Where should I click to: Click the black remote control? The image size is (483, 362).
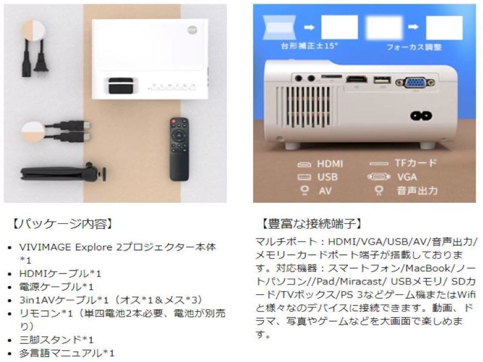179,149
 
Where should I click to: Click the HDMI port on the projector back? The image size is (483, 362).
356,80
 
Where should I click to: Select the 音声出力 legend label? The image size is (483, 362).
417,190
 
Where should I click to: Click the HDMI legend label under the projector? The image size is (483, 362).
330,164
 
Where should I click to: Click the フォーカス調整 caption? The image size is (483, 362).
414,47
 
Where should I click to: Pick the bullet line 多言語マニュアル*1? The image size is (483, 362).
67,353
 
